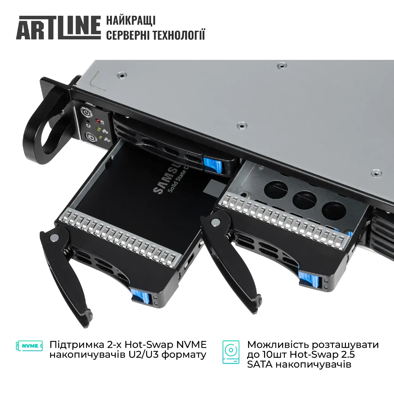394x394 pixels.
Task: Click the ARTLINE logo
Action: (x=58, y=28)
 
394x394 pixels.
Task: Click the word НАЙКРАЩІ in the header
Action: (x=131, y=20)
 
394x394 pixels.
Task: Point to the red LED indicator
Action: (x=97, y=121)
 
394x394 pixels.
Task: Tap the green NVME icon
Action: (x=29, y=346)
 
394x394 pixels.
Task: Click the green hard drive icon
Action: (x=231, y=352)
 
